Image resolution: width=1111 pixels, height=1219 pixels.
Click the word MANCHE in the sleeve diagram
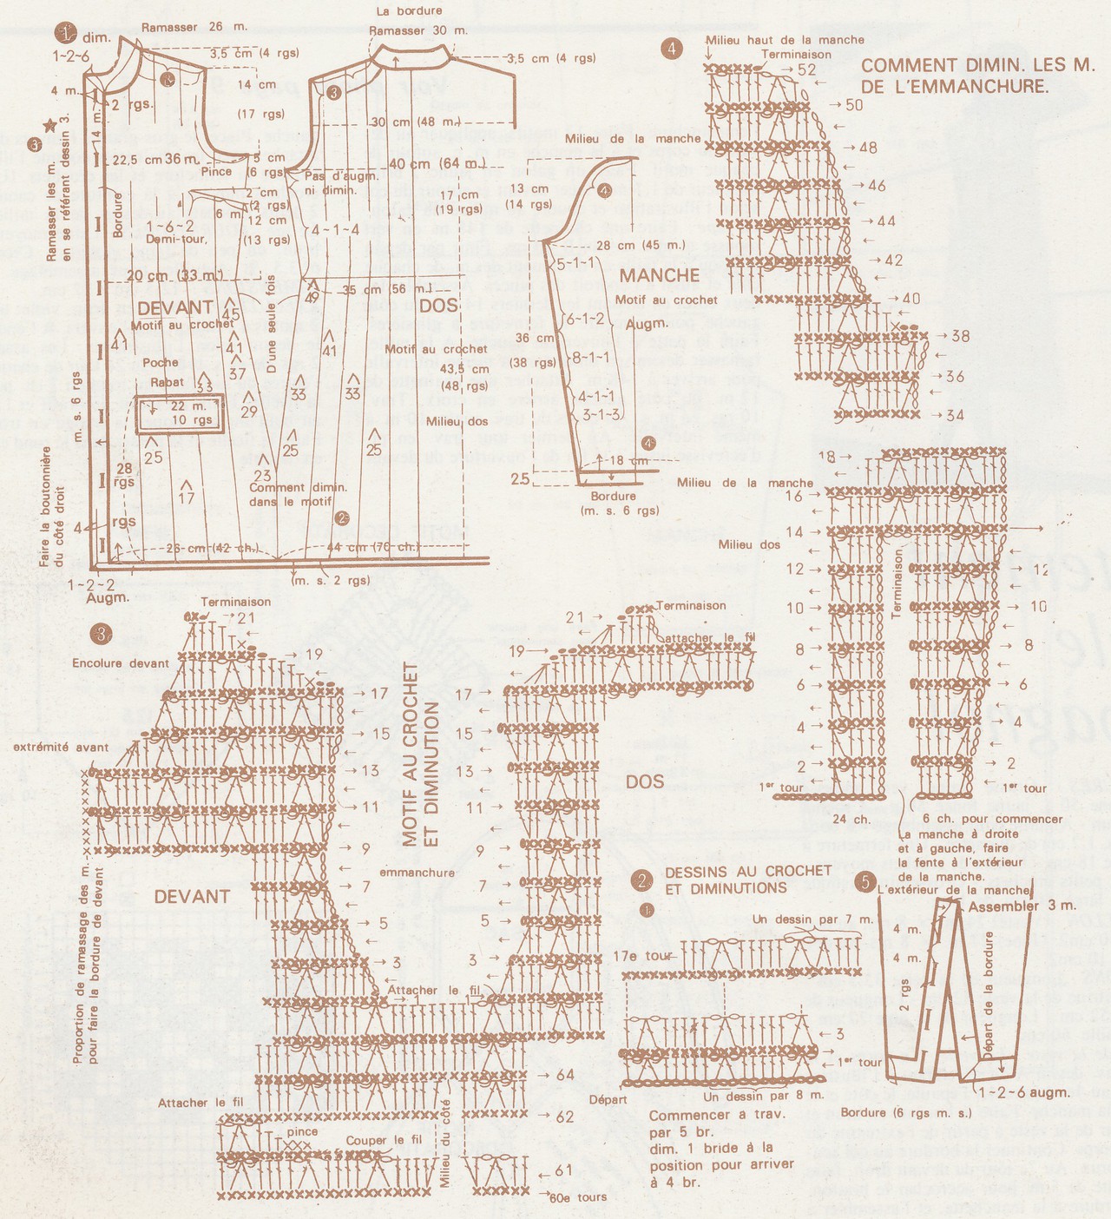click(x=659, y=275)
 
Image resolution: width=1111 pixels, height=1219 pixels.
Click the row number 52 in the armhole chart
click(x=806, y=69)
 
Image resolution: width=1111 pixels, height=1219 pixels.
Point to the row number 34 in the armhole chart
click(x=955, y=415)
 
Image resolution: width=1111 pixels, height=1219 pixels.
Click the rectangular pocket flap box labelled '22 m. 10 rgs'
click(x=179, y=413)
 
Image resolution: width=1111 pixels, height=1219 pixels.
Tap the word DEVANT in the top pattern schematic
click(x=174, y=306)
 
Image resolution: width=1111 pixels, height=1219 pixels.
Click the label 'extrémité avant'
click(x=61, y=747)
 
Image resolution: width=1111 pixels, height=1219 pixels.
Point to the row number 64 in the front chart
click(x=565, y=1075)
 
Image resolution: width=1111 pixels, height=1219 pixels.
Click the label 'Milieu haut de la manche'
click(x=785, y=40)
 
